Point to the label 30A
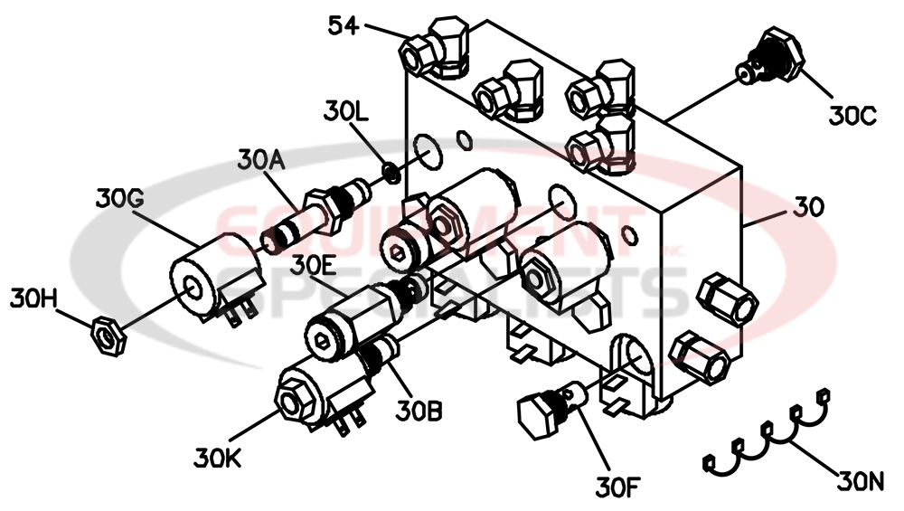pos(261,159)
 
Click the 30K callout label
pos(217,458)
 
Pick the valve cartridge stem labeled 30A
pos(312,214)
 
